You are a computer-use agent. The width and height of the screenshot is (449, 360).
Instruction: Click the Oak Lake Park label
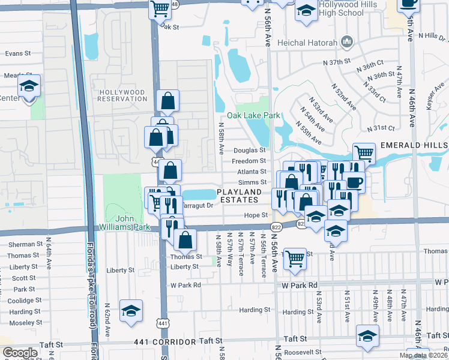[x=253, y=115]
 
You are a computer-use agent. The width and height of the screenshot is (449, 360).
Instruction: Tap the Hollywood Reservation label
[x=122, y=95]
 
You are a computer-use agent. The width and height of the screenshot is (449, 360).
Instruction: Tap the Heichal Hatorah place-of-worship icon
[x=346, y=41]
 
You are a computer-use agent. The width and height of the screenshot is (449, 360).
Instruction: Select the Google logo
[x=20, y=353]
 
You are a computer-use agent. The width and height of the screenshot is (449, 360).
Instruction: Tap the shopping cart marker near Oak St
[x=160, y=10]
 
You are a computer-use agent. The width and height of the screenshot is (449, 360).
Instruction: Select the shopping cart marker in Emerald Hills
[x=363, y=154]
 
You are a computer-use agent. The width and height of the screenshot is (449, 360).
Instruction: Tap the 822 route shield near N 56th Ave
[x=276, y=227]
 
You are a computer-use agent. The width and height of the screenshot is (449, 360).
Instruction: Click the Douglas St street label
[x=249, y=151]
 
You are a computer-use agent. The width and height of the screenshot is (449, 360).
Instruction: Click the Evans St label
[x=18, y=53]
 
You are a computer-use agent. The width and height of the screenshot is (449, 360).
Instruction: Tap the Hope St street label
[x=255, y=215]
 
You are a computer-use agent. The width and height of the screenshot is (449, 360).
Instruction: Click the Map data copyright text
[x=423, y=355]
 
